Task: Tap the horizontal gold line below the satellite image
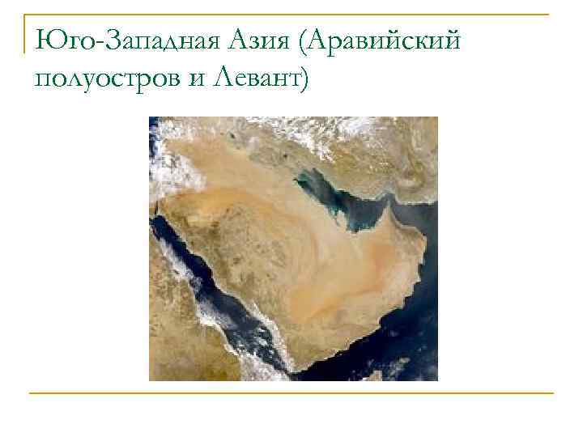point(291,393)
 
